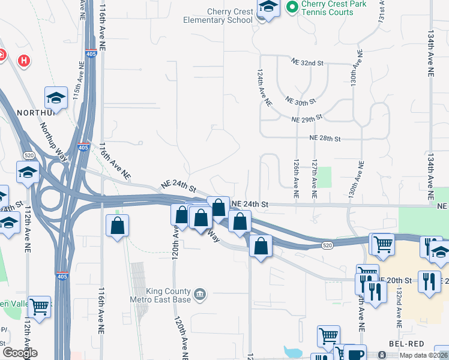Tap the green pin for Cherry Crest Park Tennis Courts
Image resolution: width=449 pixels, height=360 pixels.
[x=292, y=7]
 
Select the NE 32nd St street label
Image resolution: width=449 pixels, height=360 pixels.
[x=307, y=62]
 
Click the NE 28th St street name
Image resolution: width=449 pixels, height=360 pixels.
[x=325, y=139]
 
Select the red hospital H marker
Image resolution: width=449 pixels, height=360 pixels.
[x=24, y=61]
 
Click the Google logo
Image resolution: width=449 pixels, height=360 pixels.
[x=20, y=353]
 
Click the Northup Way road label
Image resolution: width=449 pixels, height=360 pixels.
[x=53, y=142]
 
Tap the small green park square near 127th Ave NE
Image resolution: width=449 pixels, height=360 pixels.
[x=324, y=178]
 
